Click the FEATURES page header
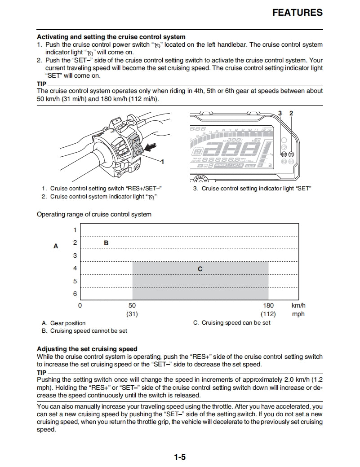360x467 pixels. click(298, 13)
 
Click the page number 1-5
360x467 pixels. click(180, 458)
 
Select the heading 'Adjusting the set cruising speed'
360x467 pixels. click(87, 349)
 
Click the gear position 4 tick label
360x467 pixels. click(75, 269)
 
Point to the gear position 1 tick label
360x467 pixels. click(75, 230)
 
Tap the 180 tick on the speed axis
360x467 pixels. click(268, 305)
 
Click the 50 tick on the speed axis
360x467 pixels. click(132, 305)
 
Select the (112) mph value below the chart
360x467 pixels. click(268, 314)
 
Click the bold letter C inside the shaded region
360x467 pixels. click(200, 269)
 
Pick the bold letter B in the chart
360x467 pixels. click(107, 242)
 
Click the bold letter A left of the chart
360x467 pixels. click(56, 246)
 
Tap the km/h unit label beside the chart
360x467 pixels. click(298, 305)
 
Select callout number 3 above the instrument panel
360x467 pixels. click(280, 113)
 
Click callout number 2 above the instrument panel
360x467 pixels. click(291, 113)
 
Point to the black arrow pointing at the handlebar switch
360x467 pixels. click(151, 145)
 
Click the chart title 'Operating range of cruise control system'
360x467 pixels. click(94, 214)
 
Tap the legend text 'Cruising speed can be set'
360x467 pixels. click(236, 323)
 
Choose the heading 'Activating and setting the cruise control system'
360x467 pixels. click(111, 37)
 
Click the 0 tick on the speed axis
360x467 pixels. click(80, 305)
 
